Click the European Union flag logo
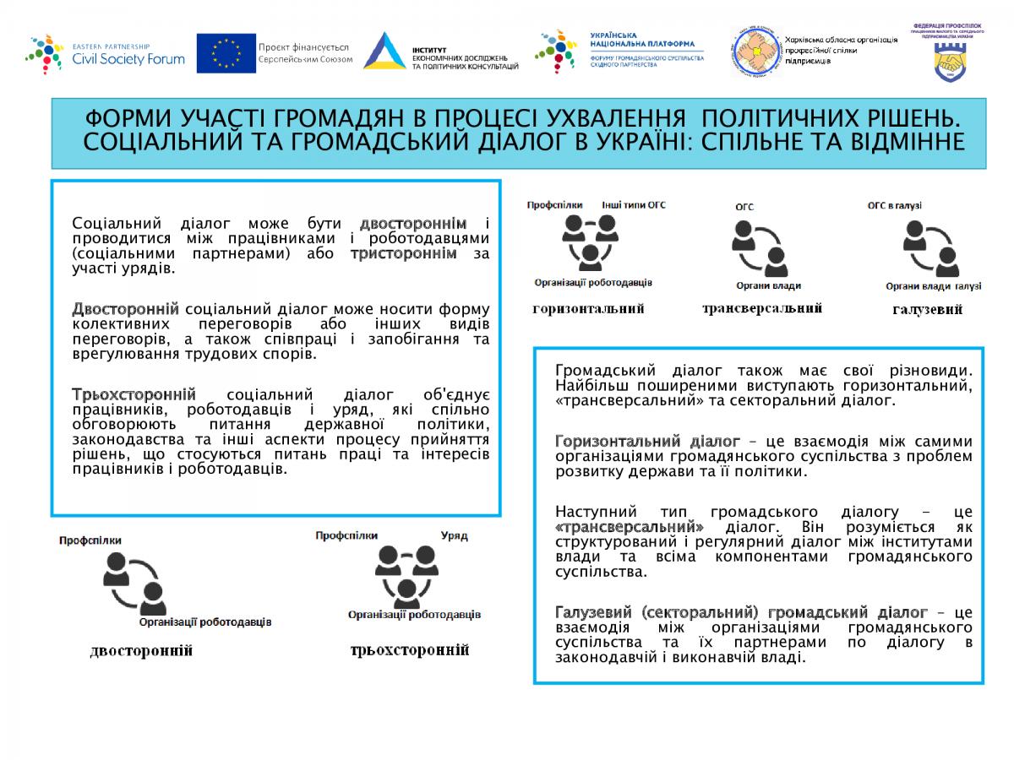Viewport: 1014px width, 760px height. point(226,53)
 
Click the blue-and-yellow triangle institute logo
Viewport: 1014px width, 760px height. point(384,52)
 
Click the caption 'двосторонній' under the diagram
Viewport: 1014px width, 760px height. point(141,651)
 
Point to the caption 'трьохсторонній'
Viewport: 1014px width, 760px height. point(410,650)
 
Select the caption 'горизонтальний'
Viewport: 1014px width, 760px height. point(588,309)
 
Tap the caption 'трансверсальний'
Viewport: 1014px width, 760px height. point(762,309)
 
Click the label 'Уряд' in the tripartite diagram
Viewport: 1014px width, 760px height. point(454,536)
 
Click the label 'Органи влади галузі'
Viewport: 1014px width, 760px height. point(934,286)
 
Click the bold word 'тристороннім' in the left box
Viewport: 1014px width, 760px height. point(403,253)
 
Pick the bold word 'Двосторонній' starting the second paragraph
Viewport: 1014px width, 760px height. point(126,308)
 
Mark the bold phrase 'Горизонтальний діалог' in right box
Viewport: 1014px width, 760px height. point(647,442)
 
